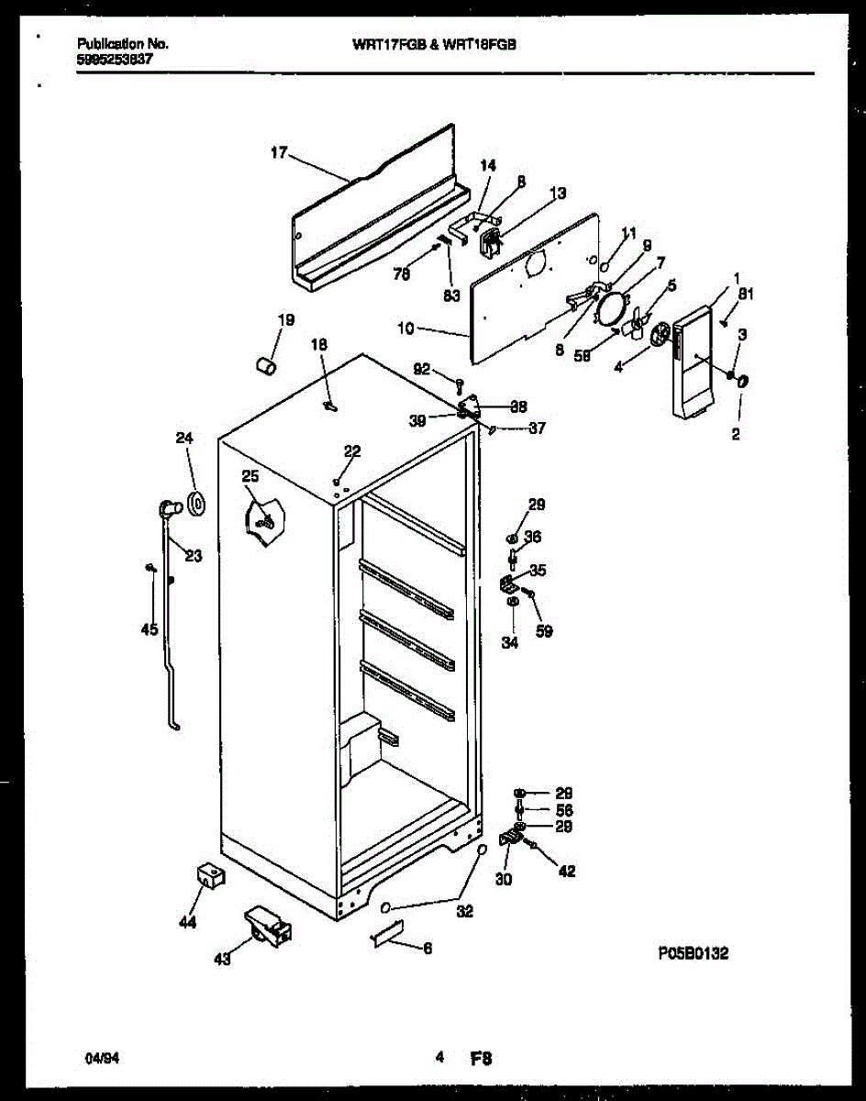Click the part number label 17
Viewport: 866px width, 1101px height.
(x=280, y=153)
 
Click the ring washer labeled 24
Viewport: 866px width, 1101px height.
(x=194, y=503)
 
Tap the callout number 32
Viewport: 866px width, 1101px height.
(x=466, y=912)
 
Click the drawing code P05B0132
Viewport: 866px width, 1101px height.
(x=693, y=954)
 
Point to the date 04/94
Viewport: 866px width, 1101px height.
(x=101, y=1058)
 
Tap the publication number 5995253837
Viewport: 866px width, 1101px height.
(x=115, y=57)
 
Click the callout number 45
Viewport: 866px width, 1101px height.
(x=150, y=629)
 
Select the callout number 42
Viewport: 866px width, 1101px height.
(x=567, y=871)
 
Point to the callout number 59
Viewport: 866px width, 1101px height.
(x=544, y=631)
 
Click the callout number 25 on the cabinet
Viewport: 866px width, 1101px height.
(x=250, y=475)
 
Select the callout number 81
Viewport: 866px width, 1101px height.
(x=746, y=295)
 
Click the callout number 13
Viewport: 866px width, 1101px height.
(x=558, y=193)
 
